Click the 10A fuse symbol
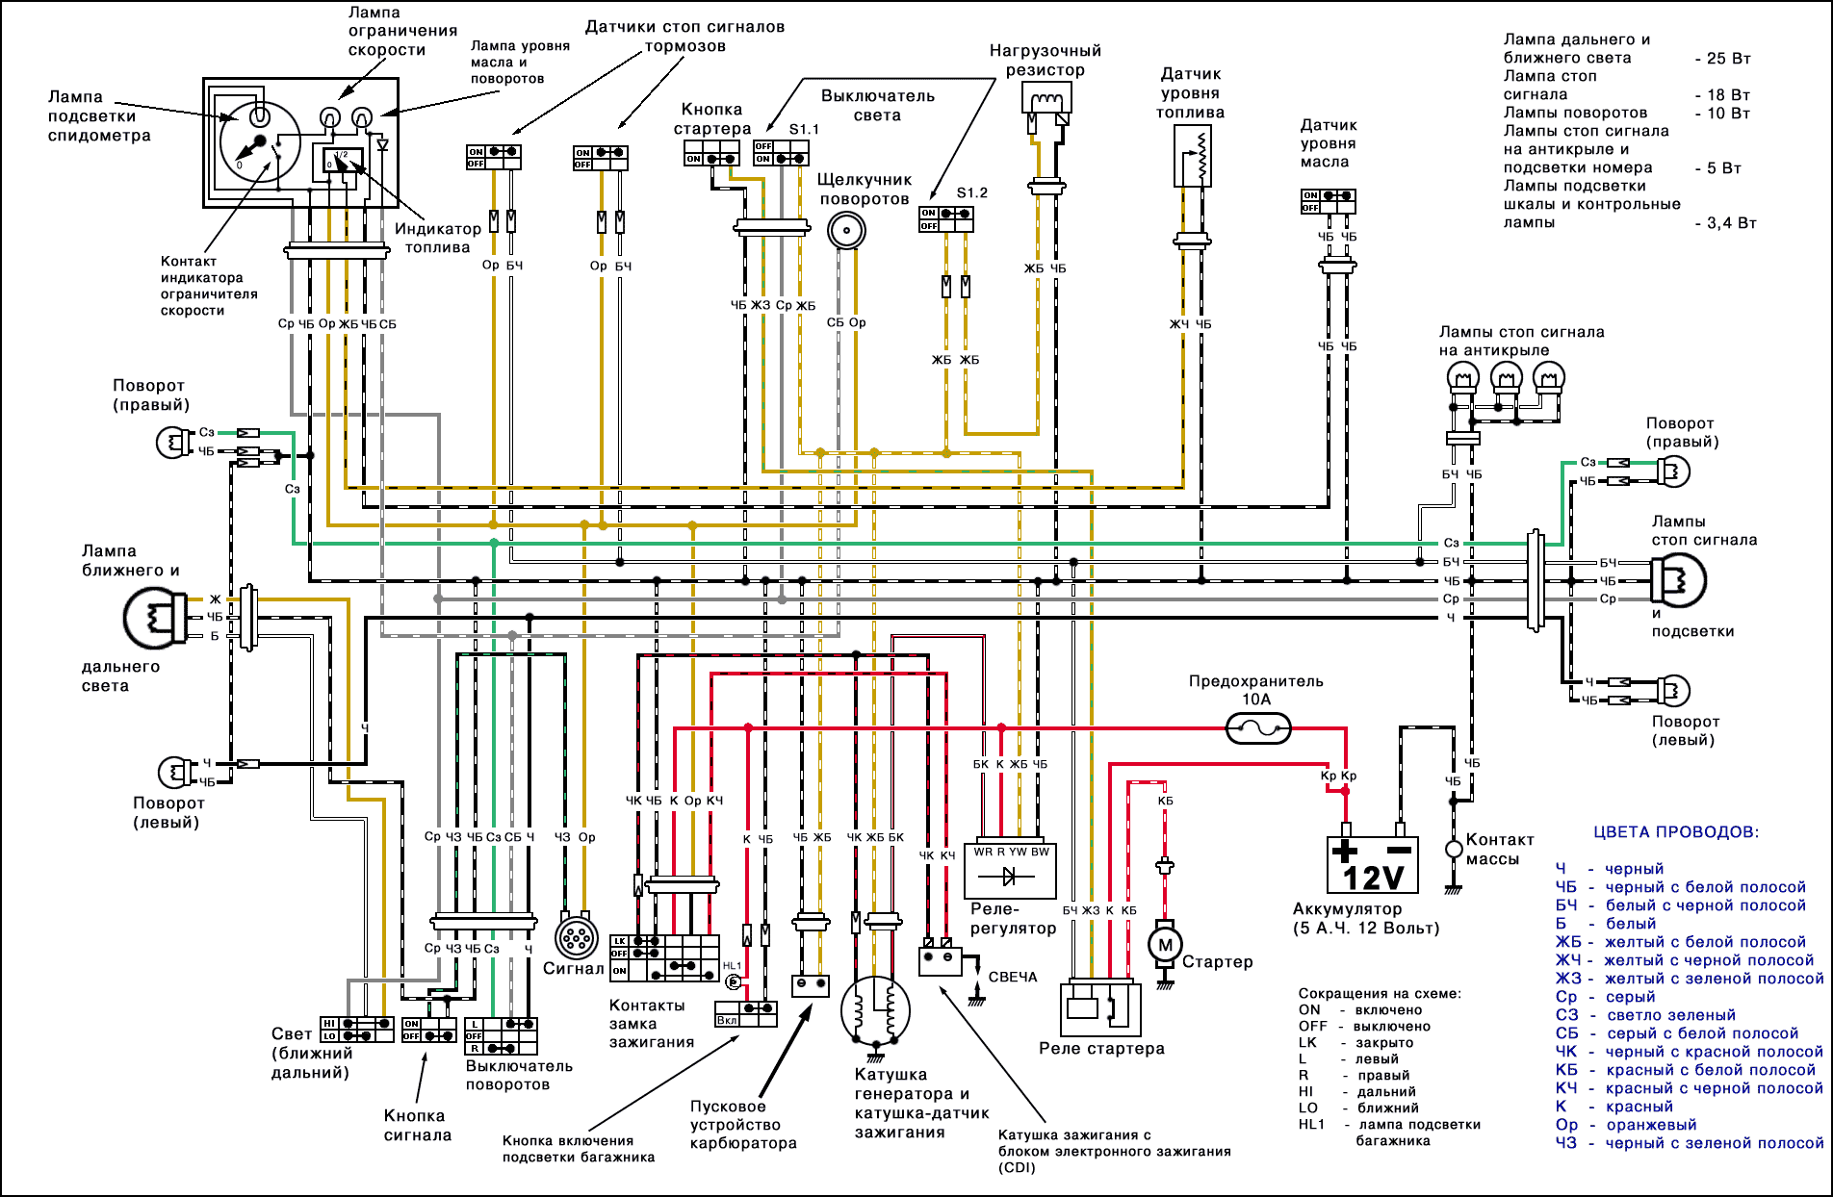coord(1258,728)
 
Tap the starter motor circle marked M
coord(1165,945)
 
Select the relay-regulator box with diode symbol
coord(1010,871)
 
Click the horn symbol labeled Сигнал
coord(577,937)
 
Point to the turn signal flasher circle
coord(846,230)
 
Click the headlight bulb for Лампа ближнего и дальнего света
coord(154,618)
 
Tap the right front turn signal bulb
coord(174,442)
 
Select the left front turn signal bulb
coord(175,772)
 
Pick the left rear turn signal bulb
coord(1674,690)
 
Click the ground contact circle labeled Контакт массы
coord(1454,849)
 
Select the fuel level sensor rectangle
coord(1192,155)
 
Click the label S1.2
coord(971,192)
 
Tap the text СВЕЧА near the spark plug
coord(1013,977)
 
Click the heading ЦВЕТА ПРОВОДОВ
coord(1676,832)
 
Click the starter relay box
coord(1100,1008)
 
